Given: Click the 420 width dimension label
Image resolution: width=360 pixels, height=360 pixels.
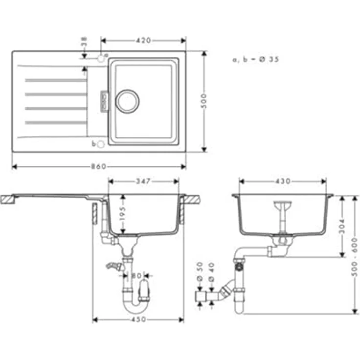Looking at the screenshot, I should (x=143, y=41).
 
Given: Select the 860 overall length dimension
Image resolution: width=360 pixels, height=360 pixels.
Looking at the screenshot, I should (x=99, y=167).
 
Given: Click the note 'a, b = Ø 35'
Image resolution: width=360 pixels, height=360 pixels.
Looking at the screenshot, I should (x=256, y=59).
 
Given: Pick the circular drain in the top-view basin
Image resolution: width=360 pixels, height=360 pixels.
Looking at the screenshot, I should (x=127, y=101).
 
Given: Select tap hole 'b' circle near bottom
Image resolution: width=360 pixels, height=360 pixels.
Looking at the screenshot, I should (x=100, y=144).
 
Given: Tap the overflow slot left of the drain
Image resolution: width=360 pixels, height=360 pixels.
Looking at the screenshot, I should (x=104, y=101).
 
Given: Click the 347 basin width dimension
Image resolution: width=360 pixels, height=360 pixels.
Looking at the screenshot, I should (x=143, y=181).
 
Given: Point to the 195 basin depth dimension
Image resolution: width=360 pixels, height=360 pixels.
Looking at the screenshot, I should (x=123, y=213).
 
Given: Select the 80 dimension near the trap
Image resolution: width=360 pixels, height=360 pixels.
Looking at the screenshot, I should (x=136, y=276).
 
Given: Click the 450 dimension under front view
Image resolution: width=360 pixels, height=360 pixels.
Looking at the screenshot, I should (x=138, y=320).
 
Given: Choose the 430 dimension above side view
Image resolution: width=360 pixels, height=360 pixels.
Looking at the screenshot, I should (x=282, y=181).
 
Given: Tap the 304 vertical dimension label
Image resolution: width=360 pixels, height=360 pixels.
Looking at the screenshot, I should (x=342, y=225).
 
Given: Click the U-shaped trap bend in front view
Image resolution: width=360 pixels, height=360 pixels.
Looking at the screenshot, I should (x=132, y=307).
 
